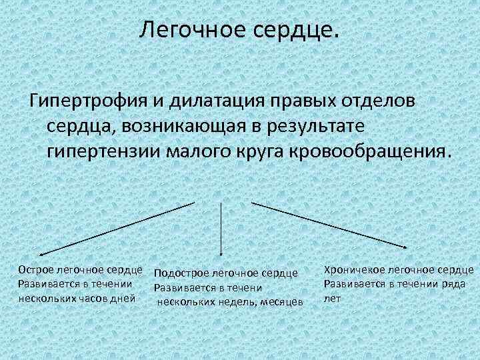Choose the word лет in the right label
click(331, 298)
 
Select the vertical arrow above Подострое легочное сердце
click(221, 228)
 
